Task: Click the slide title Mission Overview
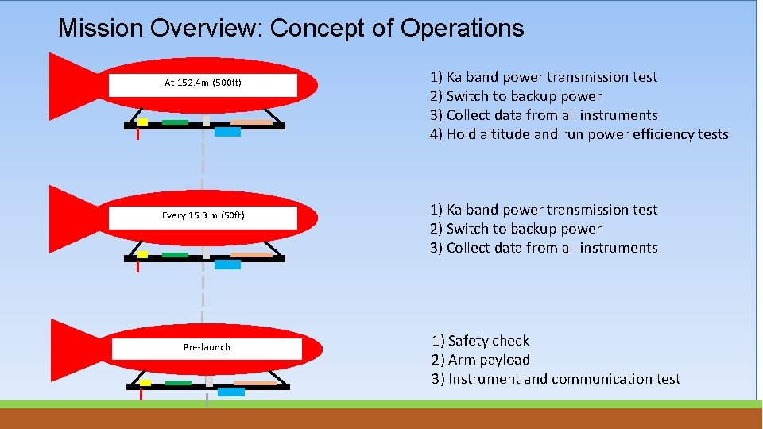(x=291, y=29)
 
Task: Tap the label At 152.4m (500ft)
(x=203, y=83)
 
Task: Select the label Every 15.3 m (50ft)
(x=203, y=215)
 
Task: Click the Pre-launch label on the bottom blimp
(x=207, y=347)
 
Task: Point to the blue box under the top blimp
(x=227, y=132)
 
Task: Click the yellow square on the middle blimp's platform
(x=143, y=254)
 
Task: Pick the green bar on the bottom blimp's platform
(x=178, y=383)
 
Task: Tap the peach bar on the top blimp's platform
(x=251, y=122)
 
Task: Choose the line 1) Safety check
(x=480, y=341)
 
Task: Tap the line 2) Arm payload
(x=480, y=360)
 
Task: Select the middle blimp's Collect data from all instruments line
(x=544, y=248)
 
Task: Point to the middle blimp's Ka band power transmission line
(x=544, y=210)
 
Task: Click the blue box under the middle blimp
(x=227, y=265)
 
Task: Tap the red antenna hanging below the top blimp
(x=138, y=134)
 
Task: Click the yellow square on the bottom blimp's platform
(x=145, y=382)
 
